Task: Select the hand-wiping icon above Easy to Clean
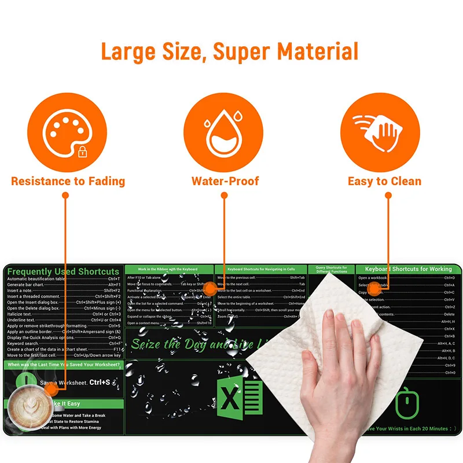coord(380,131)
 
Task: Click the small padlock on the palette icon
coord(83,152)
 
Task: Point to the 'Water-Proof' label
coord(226,181)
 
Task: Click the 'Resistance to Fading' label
coord(68,181)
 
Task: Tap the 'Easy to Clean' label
coord(384,181)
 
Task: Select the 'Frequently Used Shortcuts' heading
coord(63,271)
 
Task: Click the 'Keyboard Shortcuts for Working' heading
coord(408,269)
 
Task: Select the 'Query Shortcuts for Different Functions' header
coord(332,270)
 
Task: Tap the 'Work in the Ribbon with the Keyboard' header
coord(169,269)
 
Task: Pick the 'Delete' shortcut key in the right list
coord(449,314)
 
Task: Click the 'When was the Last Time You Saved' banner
coord(64,365)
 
